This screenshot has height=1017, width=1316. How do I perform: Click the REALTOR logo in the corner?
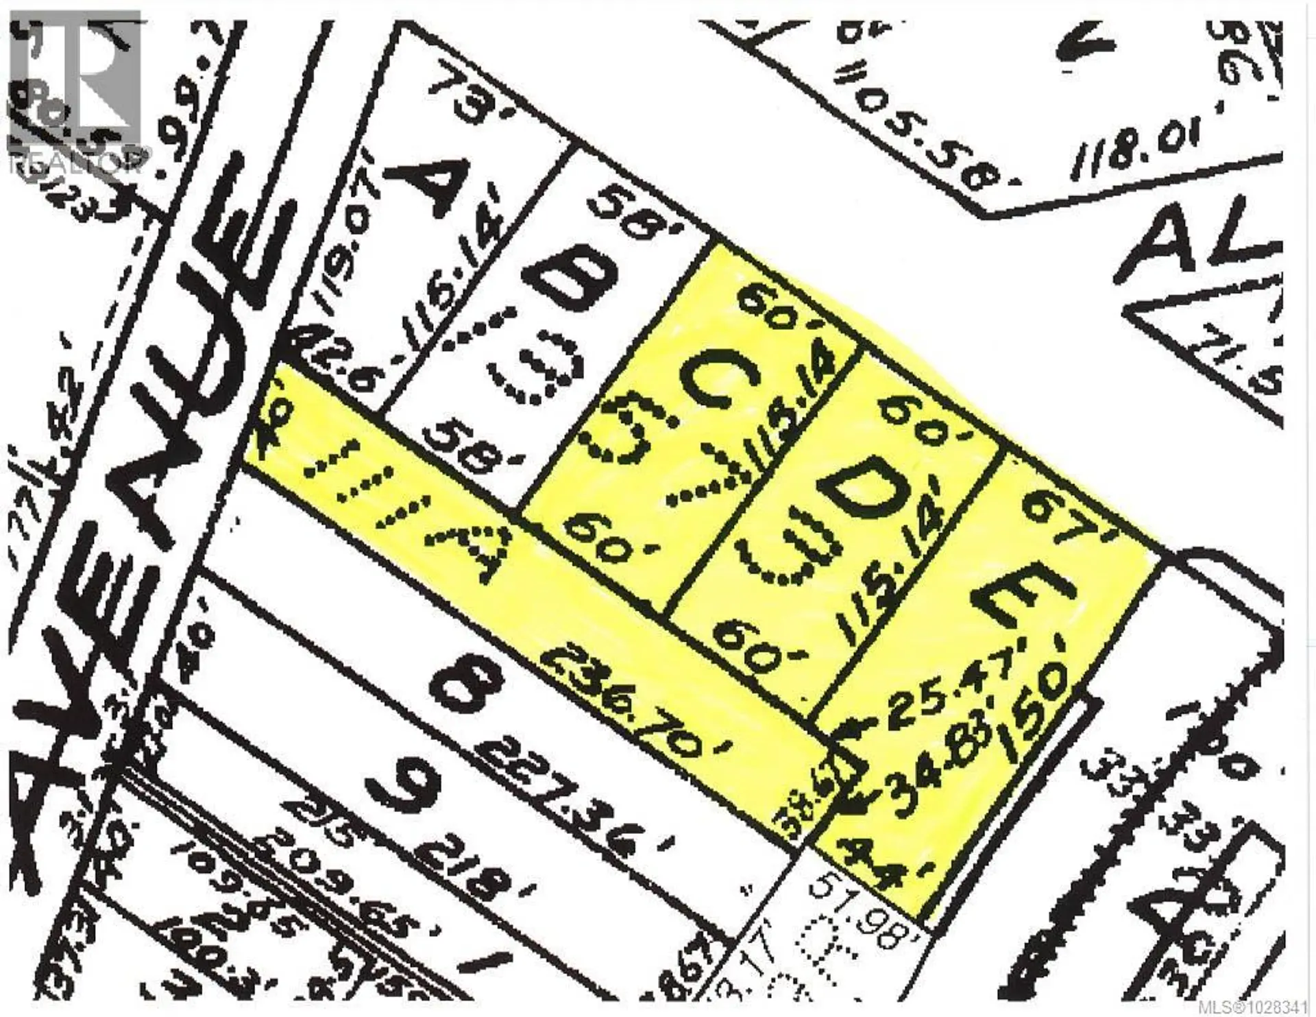[75, 96]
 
